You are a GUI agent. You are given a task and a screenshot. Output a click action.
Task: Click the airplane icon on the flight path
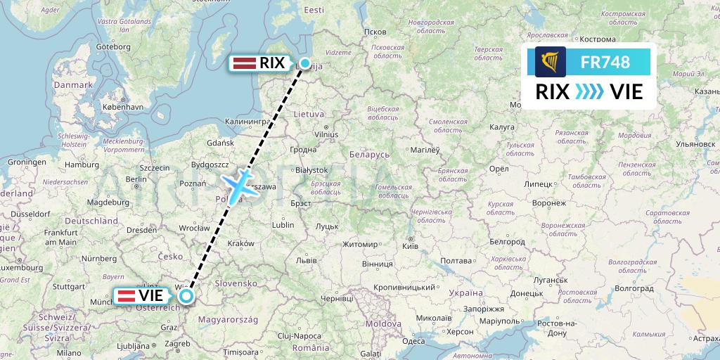click(240, 184)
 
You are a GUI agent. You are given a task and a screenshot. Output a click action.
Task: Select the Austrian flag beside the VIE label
click(127, 295)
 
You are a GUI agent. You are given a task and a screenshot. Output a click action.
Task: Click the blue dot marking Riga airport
click(305, 63)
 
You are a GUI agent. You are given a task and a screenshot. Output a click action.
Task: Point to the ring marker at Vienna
click(186, 296)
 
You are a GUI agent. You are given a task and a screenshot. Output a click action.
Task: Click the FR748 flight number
click(605, 63)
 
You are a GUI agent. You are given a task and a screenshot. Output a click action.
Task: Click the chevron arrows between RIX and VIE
click(589, 91)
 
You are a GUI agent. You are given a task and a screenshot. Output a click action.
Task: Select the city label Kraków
click(240, 243)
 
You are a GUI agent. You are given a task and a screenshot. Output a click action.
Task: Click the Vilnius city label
click(326, 134)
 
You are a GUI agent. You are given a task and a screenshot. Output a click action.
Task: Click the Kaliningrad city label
click(247, 122)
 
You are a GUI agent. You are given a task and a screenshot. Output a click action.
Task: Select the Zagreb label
click(176, 344)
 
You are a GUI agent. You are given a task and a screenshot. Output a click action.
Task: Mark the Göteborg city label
click(114, 47)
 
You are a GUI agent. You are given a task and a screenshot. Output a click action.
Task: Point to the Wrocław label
click(194, 229)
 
